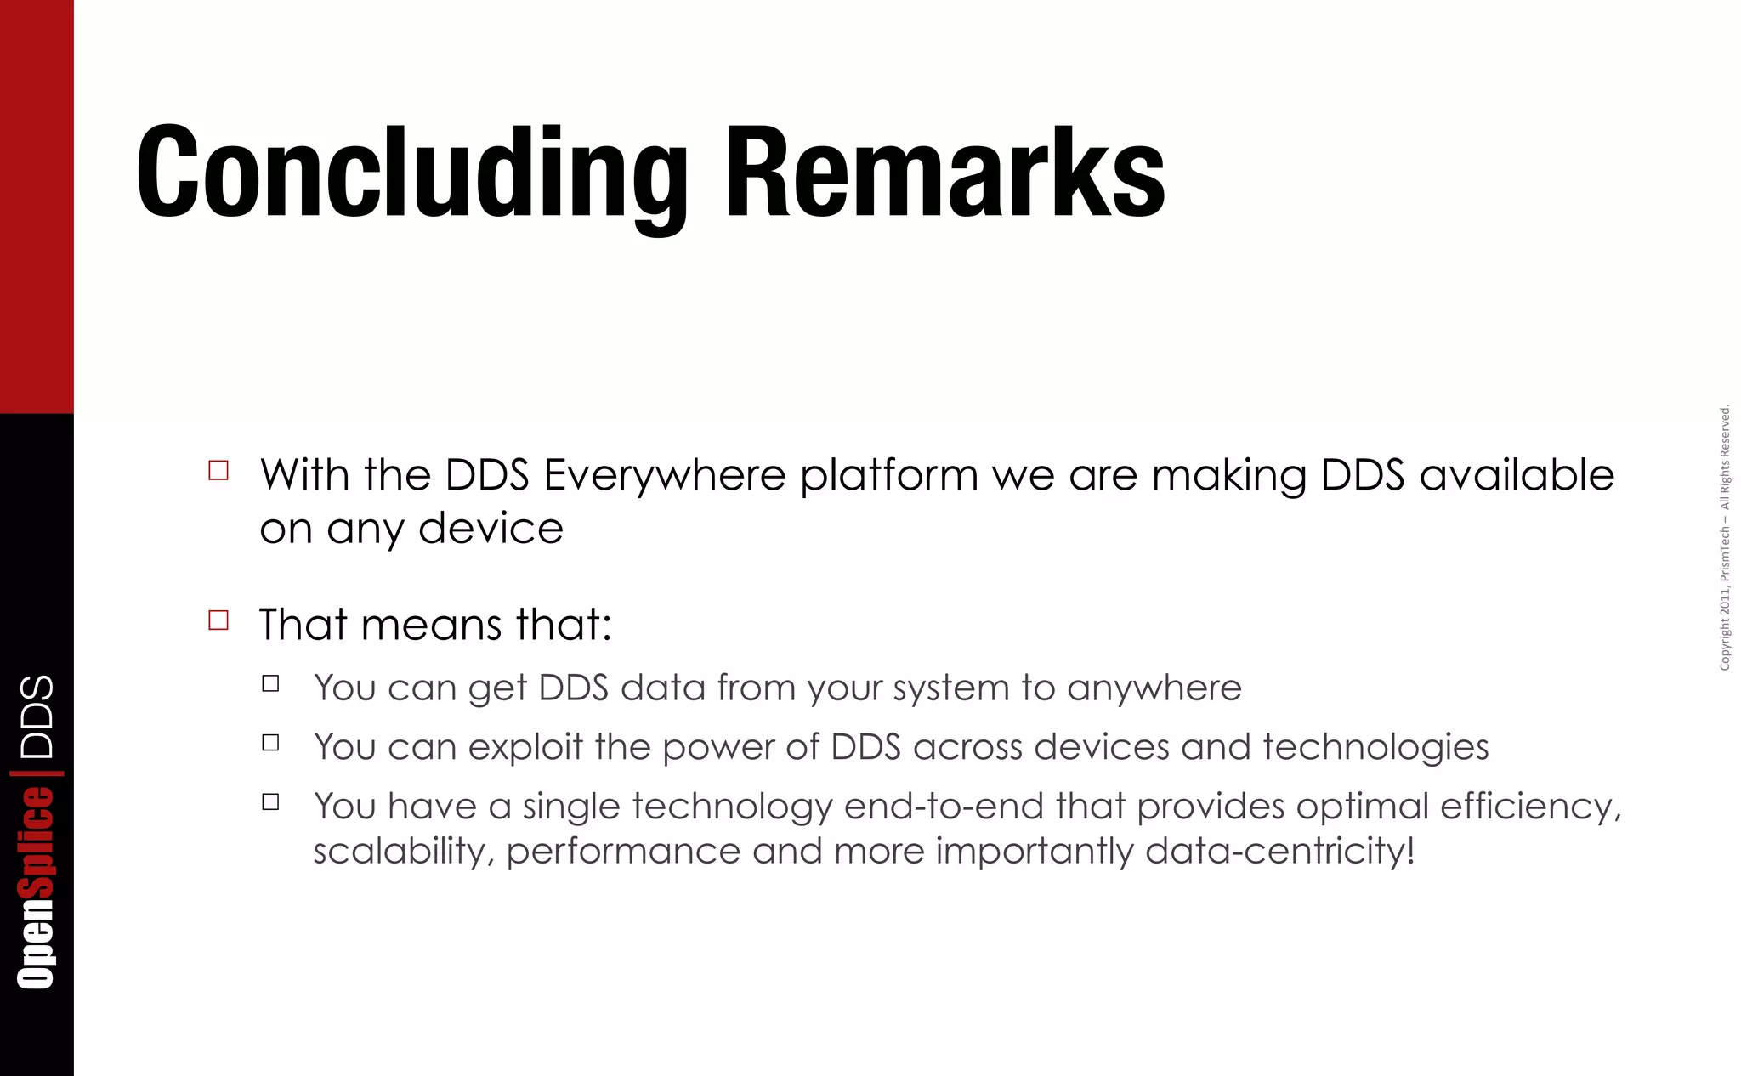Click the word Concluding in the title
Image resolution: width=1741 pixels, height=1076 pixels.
[x=411, y=173]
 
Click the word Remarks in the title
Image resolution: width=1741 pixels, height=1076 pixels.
[x=944, y=173]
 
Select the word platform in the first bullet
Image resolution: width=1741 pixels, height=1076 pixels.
[x=888, y=476]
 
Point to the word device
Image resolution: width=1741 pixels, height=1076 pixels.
[x=491, y=529]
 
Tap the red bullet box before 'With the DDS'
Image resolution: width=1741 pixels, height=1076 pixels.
[x=218, y=470]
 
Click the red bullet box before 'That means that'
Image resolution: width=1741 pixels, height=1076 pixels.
[x=218, y=620]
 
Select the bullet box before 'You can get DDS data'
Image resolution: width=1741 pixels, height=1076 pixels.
[x=270, y=683]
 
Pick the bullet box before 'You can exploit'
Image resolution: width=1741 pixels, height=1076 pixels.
[x=270, y=743]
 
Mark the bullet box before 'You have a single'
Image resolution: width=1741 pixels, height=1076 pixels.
[x=270, y=801]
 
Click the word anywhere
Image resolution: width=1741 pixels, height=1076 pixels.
[x=1154, y=688]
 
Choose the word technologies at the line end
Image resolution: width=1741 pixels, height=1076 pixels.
[x=1375, y=747]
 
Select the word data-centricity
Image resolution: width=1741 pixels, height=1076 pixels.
[x=1279, y=851]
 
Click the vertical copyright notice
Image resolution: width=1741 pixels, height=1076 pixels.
[x=1724, y=538]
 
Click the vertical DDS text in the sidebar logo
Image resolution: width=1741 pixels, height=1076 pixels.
[x=37, y=716]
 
